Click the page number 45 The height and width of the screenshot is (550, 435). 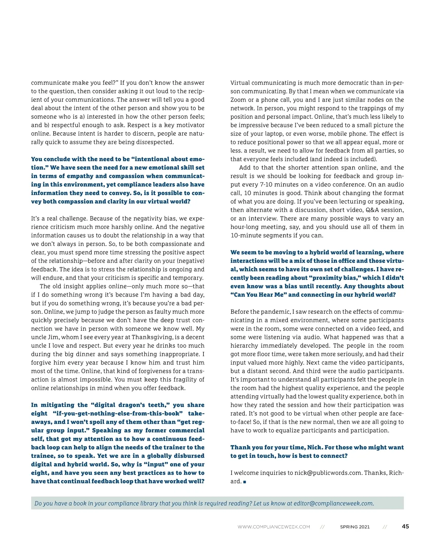click(x=405, y=526)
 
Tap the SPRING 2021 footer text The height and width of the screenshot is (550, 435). click(x=355, y=527)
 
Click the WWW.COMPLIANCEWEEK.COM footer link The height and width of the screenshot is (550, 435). click(x=274, y=527)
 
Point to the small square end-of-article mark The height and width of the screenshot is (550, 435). click(x=245, y=482)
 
